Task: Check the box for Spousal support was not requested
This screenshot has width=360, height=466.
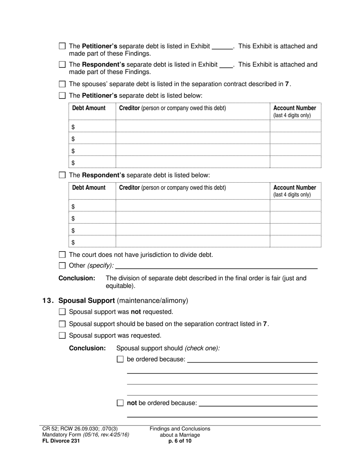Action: pos(63,312)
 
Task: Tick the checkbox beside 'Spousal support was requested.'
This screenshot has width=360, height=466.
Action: pos(63,335)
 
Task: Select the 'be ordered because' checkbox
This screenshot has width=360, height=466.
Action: pos(120,359)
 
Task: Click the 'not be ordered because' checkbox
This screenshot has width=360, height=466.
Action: pos(120,403)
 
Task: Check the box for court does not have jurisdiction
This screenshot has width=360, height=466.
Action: pos(63,255)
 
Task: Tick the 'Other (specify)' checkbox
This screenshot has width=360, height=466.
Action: pos(63,265)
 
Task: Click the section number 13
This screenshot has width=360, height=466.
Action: pos(48,300)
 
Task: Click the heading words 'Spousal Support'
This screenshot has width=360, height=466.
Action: pos(87,300)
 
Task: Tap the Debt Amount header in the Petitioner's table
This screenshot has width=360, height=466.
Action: pos(89,108)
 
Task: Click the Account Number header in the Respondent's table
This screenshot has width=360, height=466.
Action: pos(294,188)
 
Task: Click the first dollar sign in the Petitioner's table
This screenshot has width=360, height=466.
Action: pos(73,127)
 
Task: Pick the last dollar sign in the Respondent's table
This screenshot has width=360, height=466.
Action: pos(73,242)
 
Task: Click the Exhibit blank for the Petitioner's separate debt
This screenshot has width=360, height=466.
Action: pos(222,47)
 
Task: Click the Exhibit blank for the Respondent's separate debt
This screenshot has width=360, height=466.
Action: pos(226,65)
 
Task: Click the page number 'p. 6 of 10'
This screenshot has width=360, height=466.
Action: pos(180,441)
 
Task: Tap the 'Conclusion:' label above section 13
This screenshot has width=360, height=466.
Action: pos(77,278)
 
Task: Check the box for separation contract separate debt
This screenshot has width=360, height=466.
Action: pos(63,84)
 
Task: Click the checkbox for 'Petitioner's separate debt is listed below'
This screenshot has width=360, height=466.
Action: pos(63,95)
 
